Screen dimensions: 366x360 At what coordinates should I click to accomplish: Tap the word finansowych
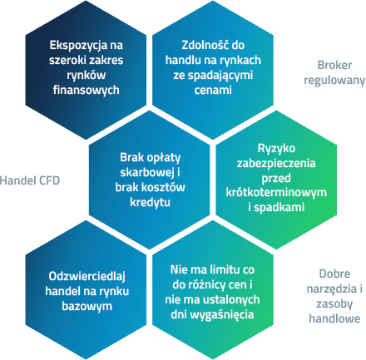click(87, 91)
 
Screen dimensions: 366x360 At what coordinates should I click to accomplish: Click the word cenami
click(213, 91)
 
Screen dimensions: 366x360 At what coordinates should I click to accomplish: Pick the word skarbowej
click(147, 172)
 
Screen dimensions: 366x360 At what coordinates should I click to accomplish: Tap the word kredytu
click(150, 202)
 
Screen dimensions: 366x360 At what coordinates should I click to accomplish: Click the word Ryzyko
click(276, 149)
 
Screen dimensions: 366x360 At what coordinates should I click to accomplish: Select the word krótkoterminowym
click(276, 192)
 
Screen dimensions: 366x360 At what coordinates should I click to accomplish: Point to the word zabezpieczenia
click(276, 164)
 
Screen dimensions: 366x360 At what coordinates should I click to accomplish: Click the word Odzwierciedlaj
click(87, 277)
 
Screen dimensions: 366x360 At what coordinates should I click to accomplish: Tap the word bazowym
click(87, 307)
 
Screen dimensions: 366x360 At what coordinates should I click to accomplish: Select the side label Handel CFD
click(30, 180)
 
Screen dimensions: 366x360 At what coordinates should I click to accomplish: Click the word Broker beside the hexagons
click(334, 66)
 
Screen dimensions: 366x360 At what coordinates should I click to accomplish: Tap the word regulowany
click(334, 81)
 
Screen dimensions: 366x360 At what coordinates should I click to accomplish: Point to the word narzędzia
click(329, 289)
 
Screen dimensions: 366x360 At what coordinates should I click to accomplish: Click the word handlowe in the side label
click(334, 318)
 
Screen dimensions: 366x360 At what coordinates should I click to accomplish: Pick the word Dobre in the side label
click(334, 274)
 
